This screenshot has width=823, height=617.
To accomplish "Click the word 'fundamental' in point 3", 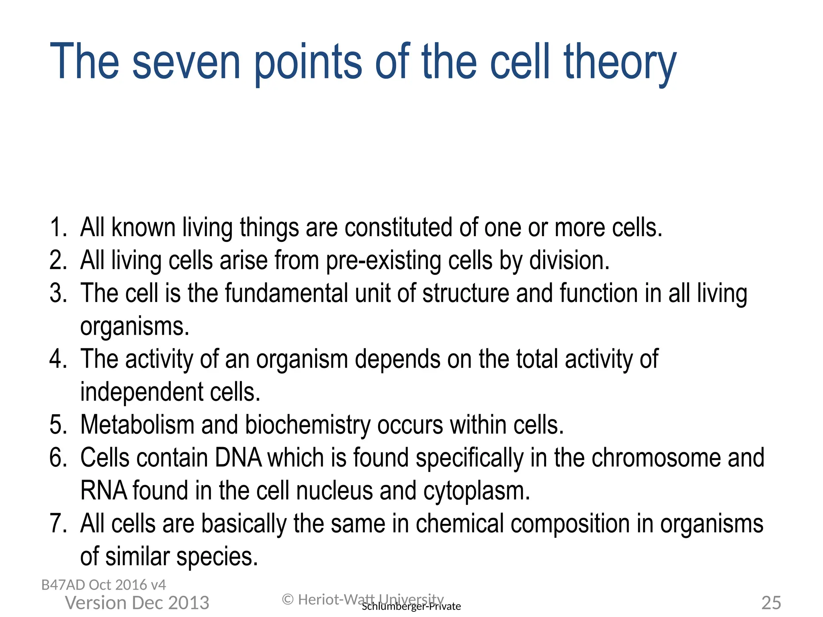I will click(x=287, y=293).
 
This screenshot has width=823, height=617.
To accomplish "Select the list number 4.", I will click(x=58, y=359).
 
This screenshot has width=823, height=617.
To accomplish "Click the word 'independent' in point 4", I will click(x=142, y=392).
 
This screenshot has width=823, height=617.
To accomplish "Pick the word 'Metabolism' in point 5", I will click(x=137, y=425).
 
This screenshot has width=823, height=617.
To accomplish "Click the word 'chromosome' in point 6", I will click(x=656, y=458).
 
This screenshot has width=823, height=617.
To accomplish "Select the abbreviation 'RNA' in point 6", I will click(x=104, y=491).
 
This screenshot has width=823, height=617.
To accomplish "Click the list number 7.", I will click(x=58, y=524).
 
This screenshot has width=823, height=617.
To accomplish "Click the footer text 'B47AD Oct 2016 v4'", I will click(x=104, y=585).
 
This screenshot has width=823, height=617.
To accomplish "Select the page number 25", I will click(x=771, y=603).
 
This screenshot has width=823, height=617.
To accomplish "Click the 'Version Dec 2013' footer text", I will click(x=137, y=603).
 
